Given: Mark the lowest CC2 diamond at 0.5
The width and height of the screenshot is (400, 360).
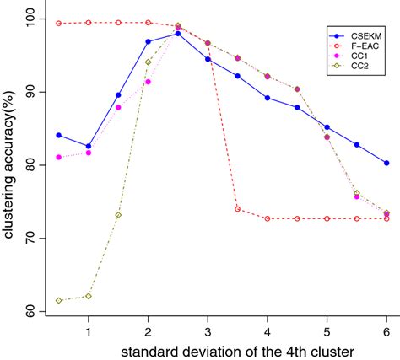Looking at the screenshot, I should coord(58,300).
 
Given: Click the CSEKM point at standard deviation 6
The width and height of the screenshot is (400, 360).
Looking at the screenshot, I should coord(386,163).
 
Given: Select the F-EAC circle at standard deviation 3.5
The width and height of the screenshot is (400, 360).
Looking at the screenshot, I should coord(238,208).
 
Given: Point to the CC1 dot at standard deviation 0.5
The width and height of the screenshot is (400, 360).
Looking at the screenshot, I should coord(58,157).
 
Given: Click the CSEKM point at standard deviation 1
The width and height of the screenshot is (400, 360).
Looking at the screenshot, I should coord(89,146).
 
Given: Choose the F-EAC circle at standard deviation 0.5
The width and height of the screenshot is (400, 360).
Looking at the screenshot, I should coord(58,24).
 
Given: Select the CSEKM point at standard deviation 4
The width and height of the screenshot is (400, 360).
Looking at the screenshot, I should coord(268,98).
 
